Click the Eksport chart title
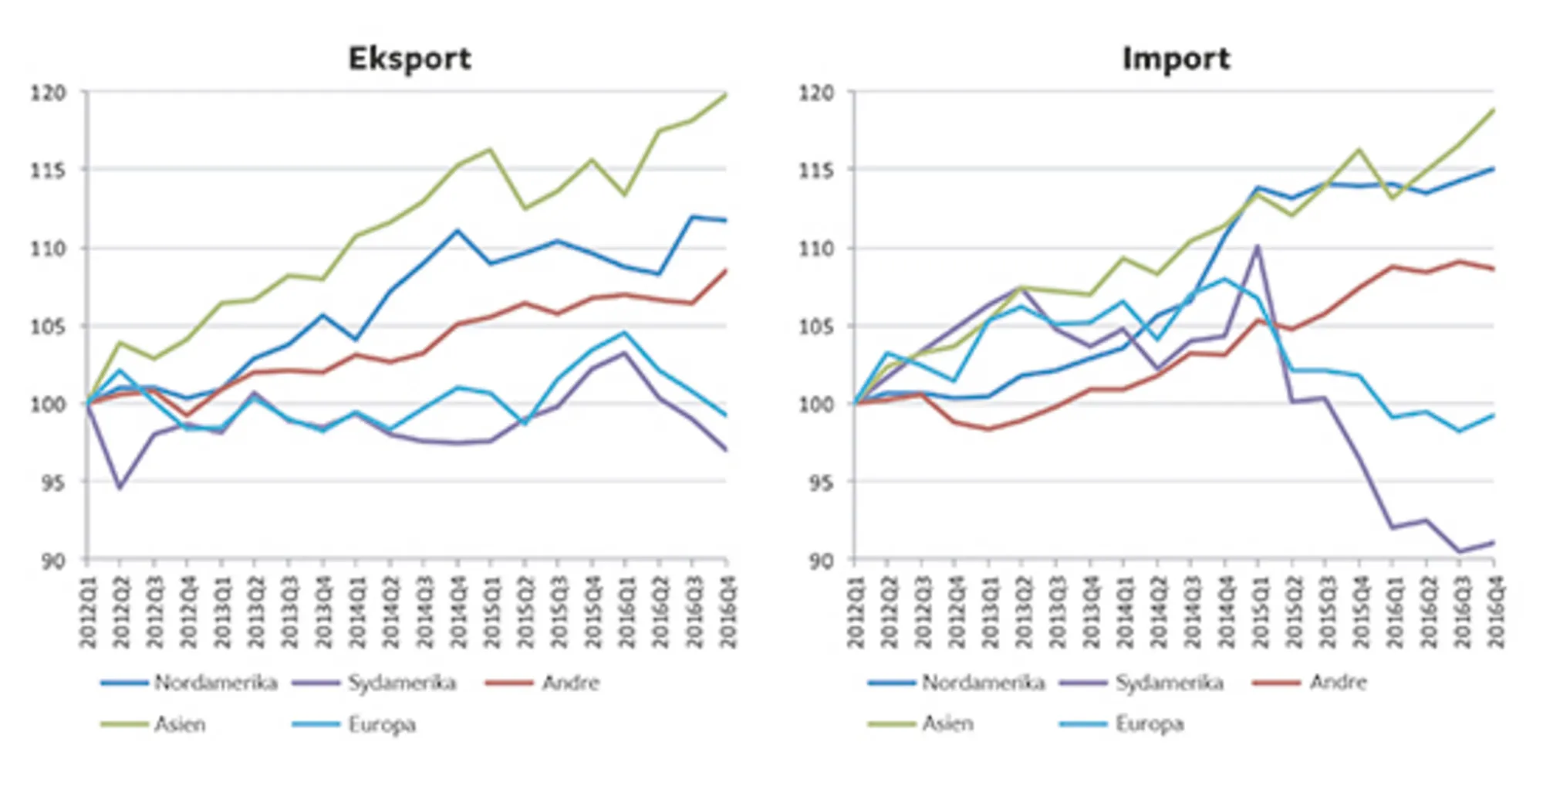point(410,59)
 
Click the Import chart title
point(1176,59)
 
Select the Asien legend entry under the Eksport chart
point(180,724)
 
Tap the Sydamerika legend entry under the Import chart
point(1169,683)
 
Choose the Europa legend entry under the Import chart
point(1149,724)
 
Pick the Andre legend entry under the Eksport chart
point(570,683)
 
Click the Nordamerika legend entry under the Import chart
point(982,683)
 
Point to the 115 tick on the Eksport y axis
point(48,170)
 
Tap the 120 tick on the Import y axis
point(816,93)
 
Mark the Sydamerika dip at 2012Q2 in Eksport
point(120,488)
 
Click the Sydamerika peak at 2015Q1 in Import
point(1258,246)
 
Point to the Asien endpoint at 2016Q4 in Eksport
point(726,95)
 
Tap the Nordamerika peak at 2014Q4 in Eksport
point(457,230)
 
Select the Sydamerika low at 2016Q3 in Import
point(1459,551)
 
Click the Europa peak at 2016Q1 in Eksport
point(625,333)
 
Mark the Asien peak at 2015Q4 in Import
point(1359,150)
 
